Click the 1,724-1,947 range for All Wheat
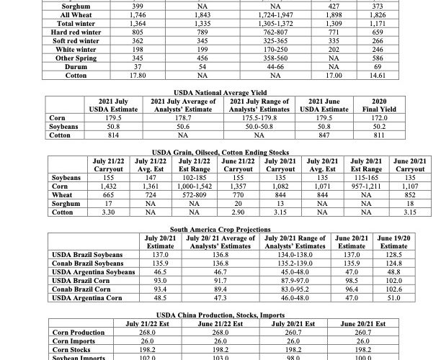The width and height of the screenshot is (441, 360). [257, 14]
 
